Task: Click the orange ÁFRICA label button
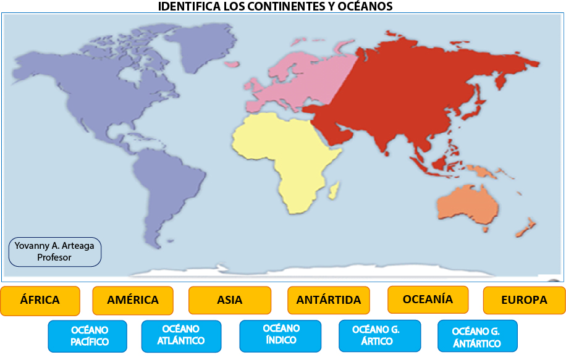pyautogui.click(x=40, y=301)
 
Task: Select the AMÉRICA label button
pyautogui.click(x=133, y=301)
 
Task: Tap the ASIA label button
pyautogui.click(x=230, y=301)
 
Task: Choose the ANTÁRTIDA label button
pyautogui.click(x=329, y=301)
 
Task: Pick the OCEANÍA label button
pyautogui.click(x=428, y=299)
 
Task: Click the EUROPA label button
pyautogui.click(x=524, y=301)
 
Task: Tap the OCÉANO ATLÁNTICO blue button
pyautogui.click(x=181, y=335)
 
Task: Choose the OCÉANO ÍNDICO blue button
pyautogui.click(x=281, y=335)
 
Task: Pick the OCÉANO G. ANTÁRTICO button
pyautogui.click(x=477, y=337)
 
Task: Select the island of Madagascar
pyautogui.click(x=334, y=190)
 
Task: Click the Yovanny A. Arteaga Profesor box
pyautogui.click(x=54, y=252)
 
